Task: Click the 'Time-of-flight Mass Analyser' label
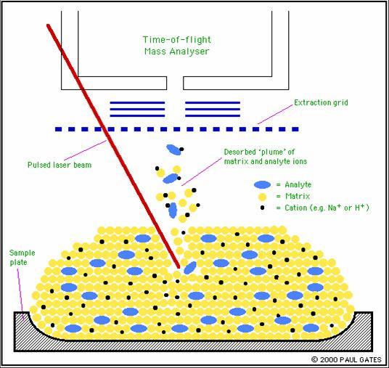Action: [x=177, y=46]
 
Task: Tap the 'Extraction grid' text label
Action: [x=321, y=102]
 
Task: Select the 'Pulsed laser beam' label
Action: [x=60, y=165]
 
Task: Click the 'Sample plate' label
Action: [x=22, y=258]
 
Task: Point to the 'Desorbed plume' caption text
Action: [x=266, y=157]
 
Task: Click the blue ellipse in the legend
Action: [x=262, y=185]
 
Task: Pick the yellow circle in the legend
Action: [x=262, y=197]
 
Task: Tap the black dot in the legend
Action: [x=262, y=208]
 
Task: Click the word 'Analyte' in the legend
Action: [x=298, y=184]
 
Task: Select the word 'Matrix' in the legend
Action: [x=298, y=196]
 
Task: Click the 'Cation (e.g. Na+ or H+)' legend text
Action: [x=327, y=208]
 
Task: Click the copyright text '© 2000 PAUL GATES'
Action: [x=346, y=359]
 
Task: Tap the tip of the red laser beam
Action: [x=179, y=267]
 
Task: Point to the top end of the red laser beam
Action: [x=48, y=25]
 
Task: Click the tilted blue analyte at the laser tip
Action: [x=190, y=268]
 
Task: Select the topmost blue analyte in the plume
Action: [x=173, y=150]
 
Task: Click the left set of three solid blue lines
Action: [x=137, y=109]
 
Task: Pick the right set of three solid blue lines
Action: [x=213, y=109]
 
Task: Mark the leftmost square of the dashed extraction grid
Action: [x=58, y=129]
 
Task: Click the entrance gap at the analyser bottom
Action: [x=175, y=83]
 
